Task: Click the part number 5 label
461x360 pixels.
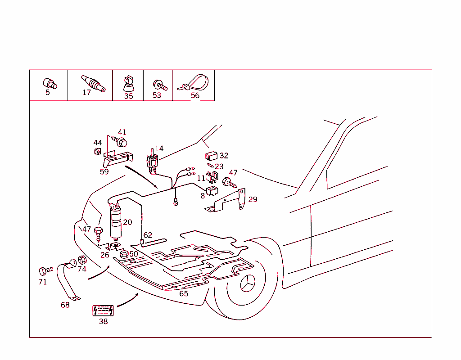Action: [48, 93]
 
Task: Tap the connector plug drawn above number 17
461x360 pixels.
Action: [93, 83]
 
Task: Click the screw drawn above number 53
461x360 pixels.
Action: [159, 85]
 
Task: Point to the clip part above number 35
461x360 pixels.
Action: [128, 84]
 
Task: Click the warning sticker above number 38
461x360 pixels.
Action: [103, 311]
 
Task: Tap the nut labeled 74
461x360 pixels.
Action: [82, 260]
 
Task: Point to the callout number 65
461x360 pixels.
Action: [184, 294]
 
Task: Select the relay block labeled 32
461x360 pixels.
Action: [211, 157]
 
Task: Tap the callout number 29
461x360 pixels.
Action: [253, 199]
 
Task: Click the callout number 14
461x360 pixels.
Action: [159, 149]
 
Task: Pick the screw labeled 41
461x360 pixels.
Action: [120, 141]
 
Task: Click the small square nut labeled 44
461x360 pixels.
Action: [97, 151]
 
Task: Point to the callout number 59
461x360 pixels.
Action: [104, 171]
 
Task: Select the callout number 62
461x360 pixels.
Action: [148, 235]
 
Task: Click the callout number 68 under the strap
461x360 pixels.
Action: [65, 305]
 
